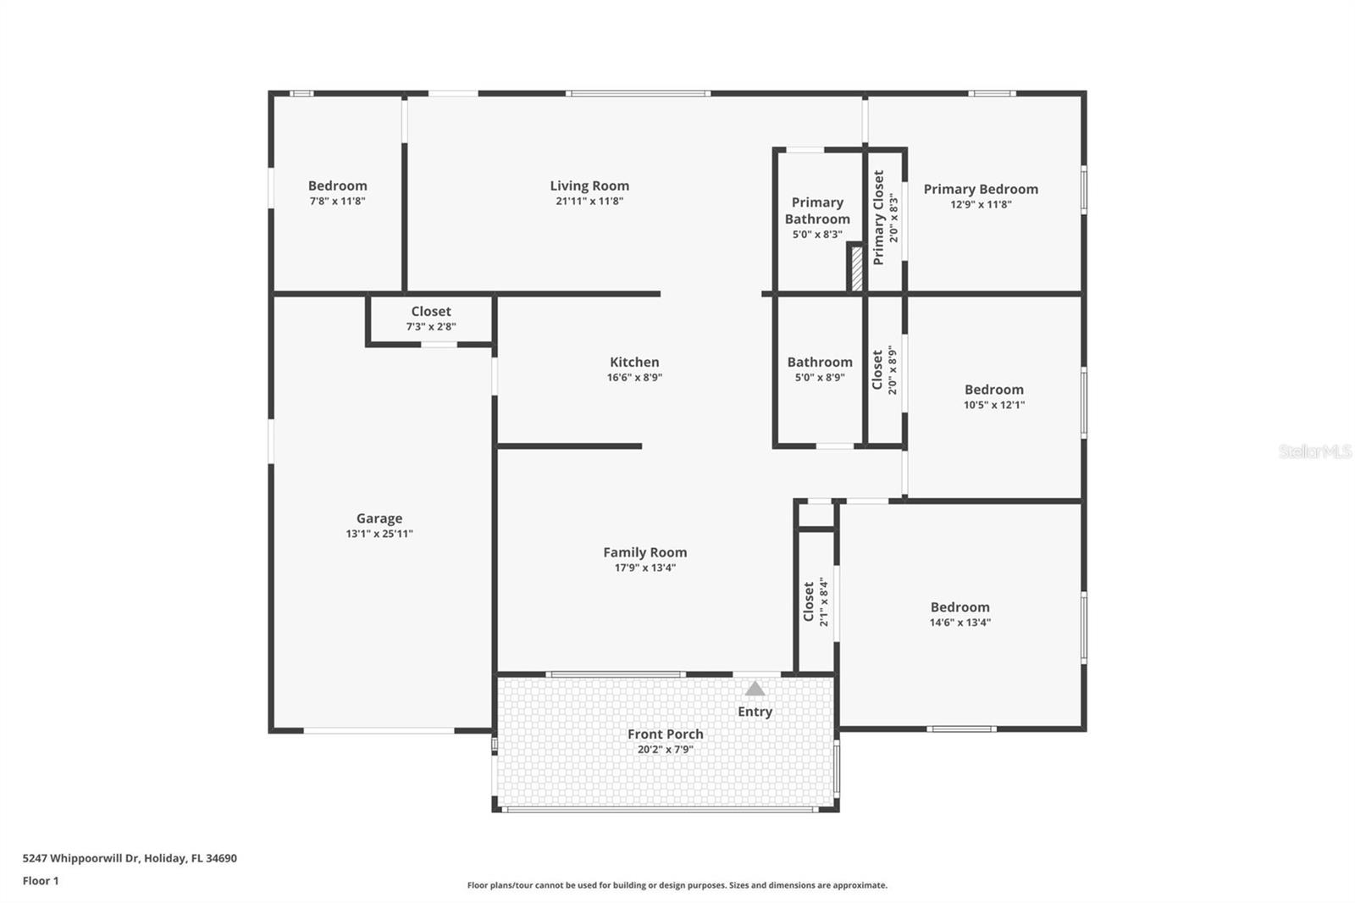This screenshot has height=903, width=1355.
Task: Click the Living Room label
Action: pos(589,186)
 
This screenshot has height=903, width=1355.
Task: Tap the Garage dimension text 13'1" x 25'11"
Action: pos(379,534)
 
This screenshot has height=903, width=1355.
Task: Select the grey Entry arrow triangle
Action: pos(755,689)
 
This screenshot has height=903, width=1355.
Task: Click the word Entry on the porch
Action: pos(755,712)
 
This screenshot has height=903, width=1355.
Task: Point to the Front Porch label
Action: pos(666,734)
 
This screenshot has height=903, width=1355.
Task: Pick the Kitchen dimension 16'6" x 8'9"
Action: pos(634,378)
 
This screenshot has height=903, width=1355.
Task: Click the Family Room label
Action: pos(644,552)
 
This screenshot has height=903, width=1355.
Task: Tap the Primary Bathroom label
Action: pos(817,211)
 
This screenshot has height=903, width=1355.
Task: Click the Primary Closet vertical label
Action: pos(878,217)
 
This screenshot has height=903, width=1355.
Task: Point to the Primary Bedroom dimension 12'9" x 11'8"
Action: pos(981,204)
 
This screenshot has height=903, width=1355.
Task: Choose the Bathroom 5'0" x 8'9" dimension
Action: pos(820,378)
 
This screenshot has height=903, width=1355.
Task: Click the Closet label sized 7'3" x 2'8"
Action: pos(431,312)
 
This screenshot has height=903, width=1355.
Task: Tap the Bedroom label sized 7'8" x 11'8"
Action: pos(338,186)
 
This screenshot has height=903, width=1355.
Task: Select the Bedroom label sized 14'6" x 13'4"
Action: pos(960,607)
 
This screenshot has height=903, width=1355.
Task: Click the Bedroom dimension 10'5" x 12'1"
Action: pos(994,405)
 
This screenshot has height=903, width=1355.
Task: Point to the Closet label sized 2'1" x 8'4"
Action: pos(809,601)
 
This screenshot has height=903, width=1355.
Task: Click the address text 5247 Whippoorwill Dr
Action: pos(81,858)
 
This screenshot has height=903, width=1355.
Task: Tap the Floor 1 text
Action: pos(41,881)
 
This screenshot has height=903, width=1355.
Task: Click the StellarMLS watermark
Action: pos(1315,451)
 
